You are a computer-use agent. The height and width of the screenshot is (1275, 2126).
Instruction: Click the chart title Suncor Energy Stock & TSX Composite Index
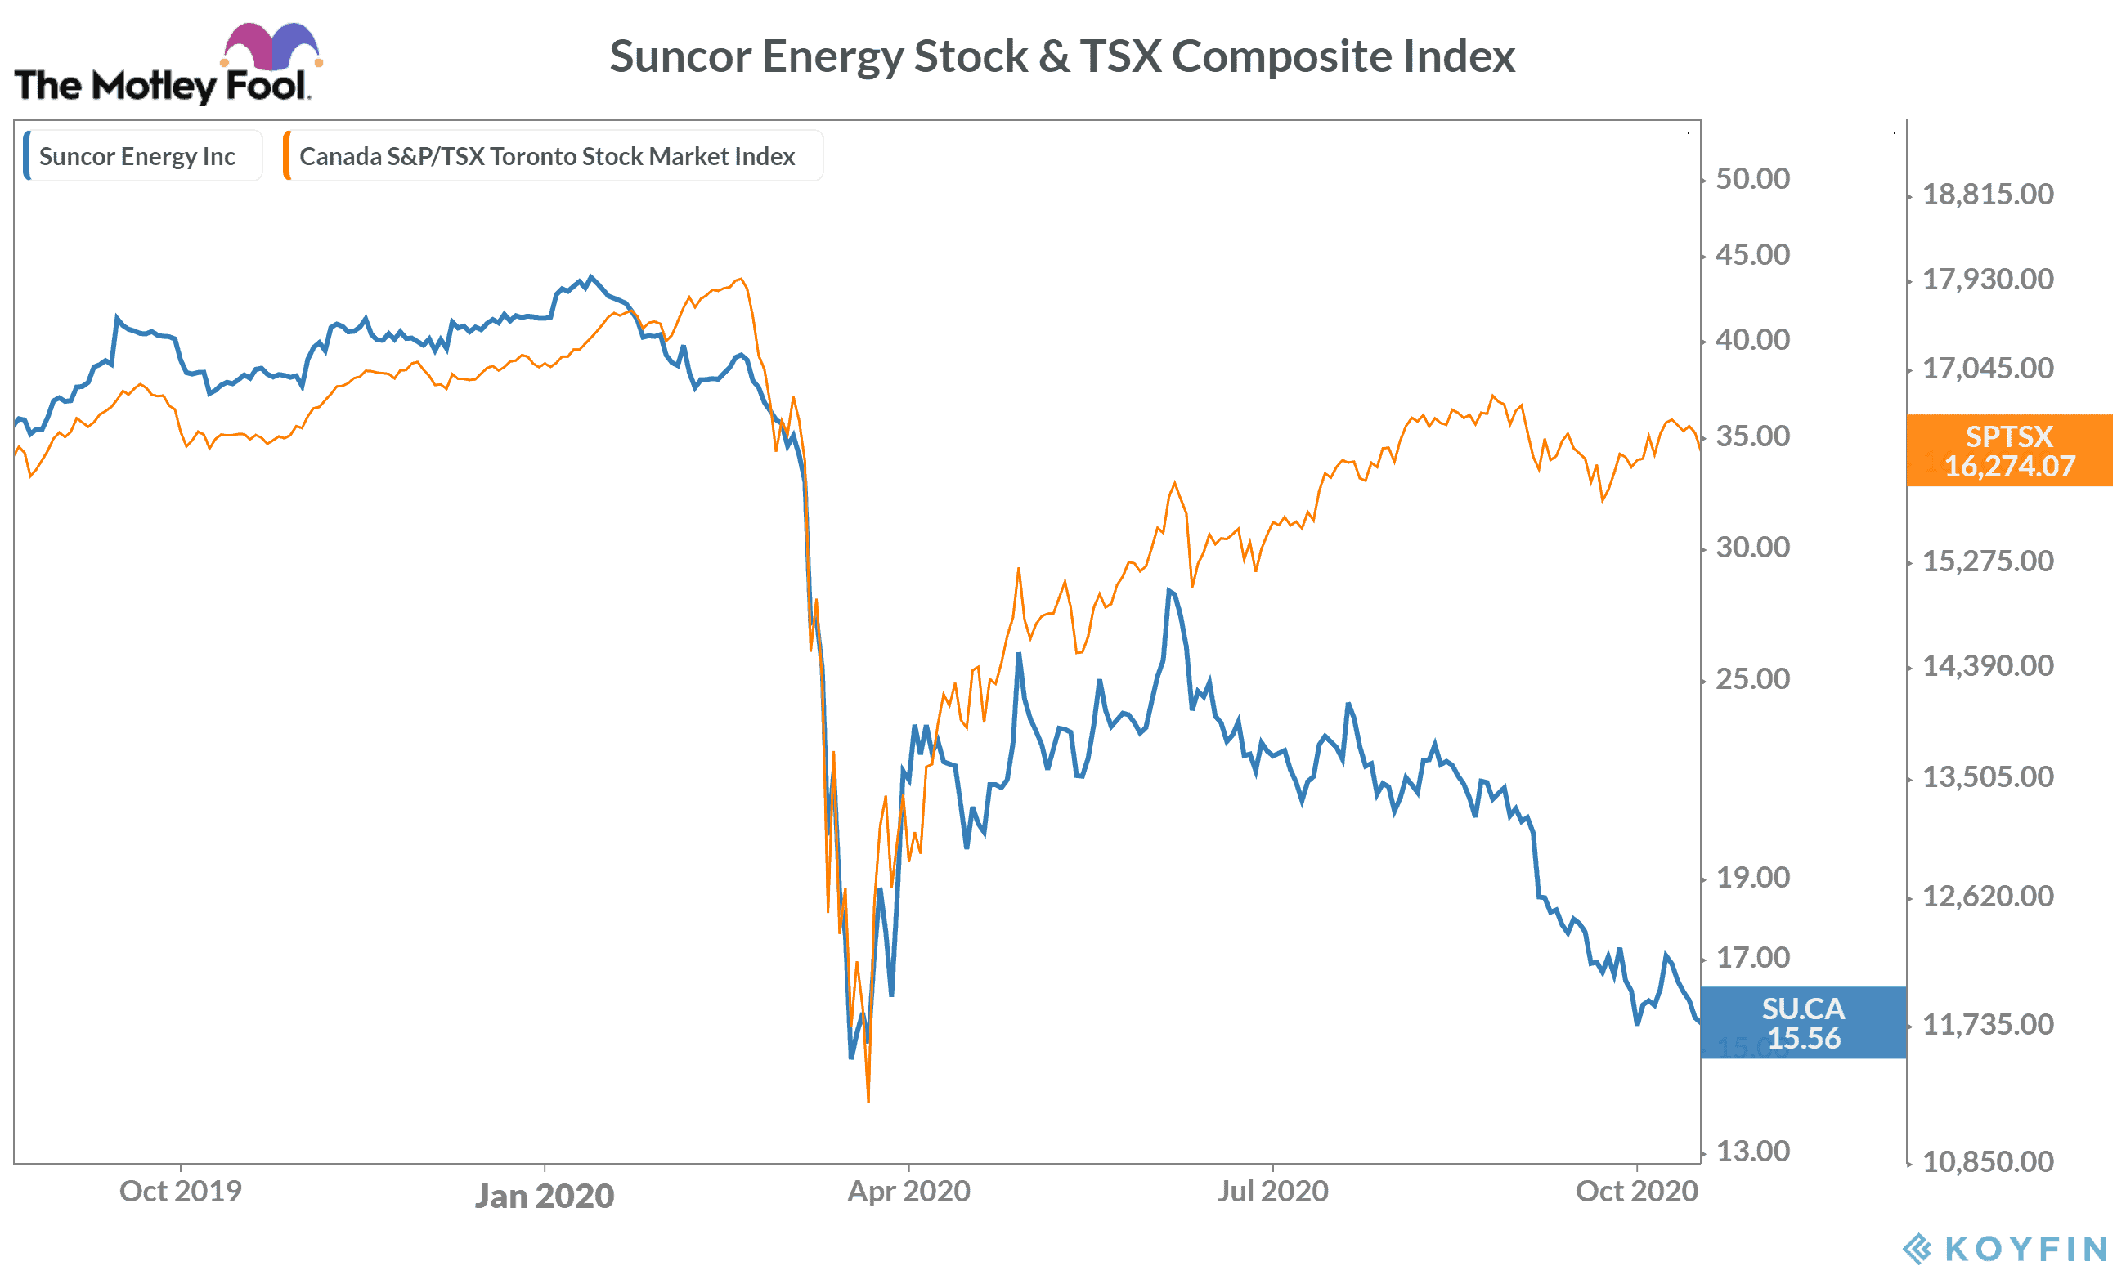tap(1061, 56)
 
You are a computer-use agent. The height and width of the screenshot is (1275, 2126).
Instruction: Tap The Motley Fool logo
tap(164, 67)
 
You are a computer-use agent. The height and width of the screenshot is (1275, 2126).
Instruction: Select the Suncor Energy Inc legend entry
tap(137, 156)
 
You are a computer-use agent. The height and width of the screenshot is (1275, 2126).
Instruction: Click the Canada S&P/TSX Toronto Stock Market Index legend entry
tap(546, 156)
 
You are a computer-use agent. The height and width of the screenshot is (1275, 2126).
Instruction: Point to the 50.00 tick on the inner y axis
tap(1751, 179)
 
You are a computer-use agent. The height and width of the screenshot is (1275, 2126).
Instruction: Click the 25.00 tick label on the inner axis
tap(1751, 678)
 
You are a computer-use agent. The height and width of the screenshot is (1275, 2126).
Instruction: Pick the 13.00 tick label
tap(1751, 1152)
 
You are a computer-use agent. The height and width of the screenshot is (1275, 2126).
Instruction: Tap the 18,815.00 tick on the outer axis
tap(1987, 195)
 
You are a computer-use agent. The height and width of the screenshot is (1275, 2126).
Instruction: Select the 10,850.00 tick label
tap(1987, 1161)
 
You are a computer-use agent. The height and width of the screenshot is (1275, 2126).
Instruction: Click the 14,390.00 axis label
tap(1987, 666)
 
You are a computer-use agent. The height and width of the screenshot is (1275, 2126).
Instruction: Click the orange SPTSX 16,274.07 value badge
tap(2008, 451)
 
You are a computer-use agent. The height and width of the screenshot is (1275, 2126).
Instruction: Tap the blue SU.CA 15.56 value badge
tap(1803, 1022)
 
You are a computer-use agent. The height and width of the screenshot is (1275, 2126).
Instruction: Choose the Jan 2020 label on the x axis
tap(544, 1196)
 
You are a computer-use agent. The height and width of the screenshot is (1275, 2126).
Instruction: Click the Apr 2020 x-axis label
tap(908, 1192)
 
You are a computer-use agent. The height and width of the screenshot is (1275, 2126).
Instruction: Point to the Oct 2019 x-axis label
tap(181, 1192)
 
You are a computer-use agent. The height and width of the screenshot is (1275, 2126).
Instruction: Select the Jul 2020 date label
tap(1272, 1192)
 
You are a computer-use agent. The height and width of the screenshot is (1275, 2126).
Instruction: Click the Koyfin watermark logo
tap(2005, 1248)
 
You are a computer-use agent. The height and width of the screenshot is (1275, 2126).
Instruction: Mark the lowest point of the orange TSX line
tap(868, 1101)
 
